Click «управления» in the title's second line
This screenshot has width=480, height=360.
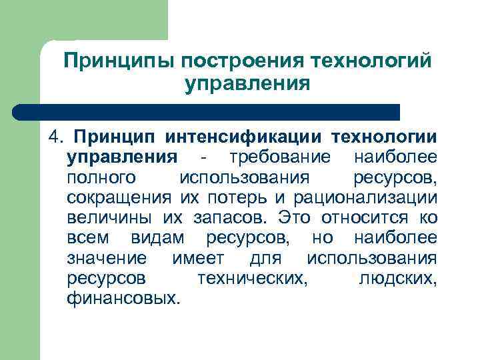(x=247, y=85)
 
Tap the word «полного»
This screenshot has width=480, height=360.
(x=102, y=177)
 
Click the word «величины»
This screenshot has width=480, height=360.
(x=109, y=217)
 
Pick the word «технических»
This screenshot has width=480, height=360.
(x=253, y=277)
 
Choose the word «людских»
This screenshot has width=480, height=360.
(x=398, y=277)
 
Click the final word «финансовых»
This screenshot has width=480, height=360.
(x=123, y=297)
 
